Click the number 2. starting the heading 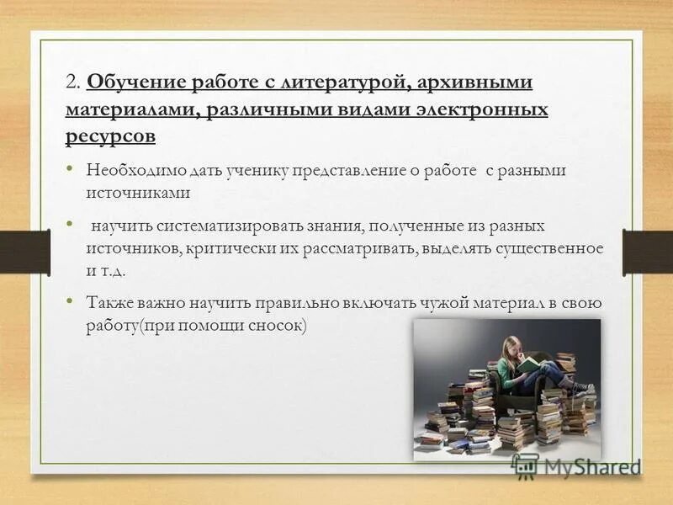pos(72,83)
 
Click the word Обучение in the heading pos(131,82)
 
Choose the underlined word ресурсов pos(109,136)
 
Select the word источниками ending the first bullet pos(138,192)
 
